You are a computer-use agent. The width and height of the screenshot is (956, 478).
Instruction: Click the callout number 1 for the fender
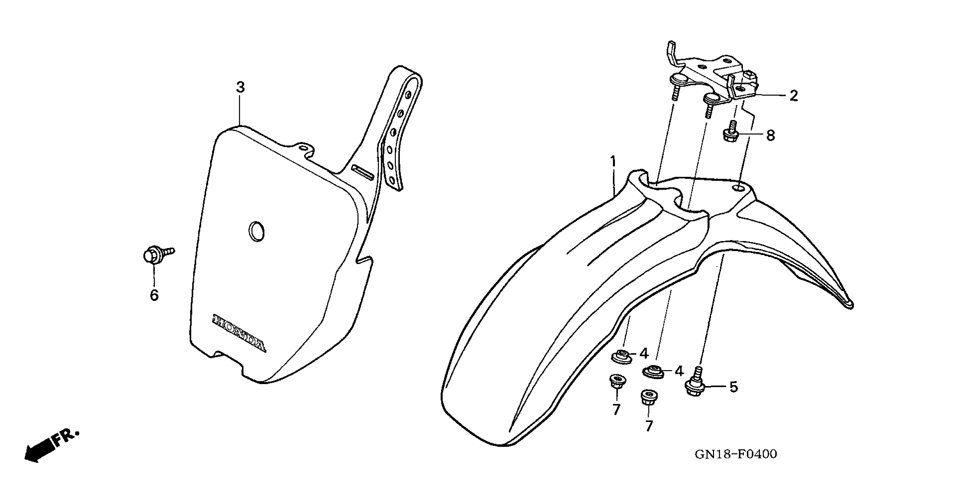click(613, 162)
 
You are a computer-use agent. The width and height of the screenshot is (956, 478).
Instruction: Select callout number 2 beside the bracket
click(793, 96)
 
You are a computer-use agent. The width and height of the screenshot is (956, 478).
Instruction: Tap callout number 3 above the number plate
click(240, 88)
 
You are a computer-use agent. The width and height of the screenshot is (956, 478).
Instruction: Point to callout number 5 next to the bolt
click(733, 387)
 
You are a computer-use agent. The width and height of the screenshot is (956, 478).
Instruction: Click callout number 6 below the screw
click(154, 295)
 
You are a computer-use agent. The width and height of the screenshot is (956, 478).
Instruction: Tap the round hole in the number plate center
click(257, 232)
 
